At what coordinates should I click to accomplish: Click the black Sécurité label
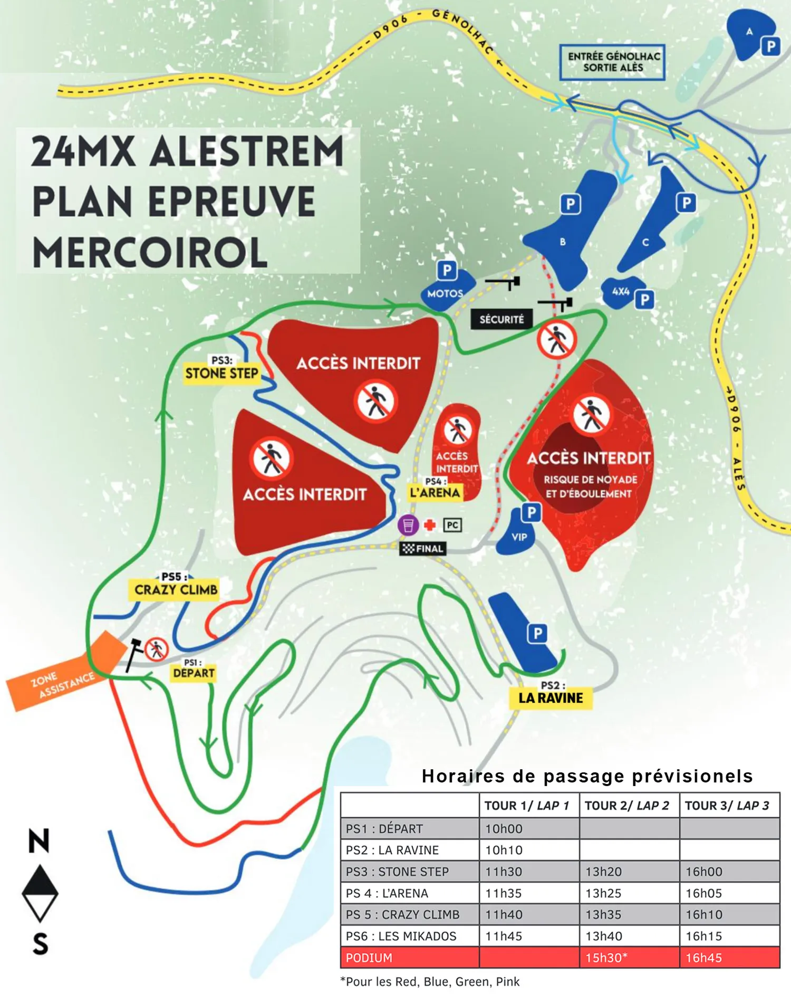point(501,319)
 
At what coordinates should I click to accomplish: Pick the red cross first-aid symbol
point(430,525)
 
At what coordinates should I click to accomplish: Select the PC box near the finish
point(452,525)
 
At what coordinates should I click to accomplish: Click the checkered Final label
point(423,549)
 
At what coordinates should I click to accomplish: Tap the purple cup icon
point(408,525)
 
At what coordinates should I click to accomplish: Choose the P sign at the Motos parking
point(447,270)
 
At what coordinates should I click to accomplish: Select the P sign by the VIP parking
point(532,512)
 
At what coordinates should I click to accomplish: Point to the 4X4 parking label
point(621,291)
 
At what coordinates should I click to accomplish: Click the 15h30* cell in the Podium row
point(606,958)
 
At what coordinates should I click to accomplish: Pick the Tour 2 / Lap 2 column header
point(626,806)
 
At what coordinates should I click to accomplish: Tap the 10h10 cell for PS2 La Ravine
point(504,850)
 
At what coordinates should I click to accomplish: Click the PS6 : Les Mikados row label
point(401,936)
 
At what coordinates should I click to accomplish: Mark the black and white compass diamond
point(40,893)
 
